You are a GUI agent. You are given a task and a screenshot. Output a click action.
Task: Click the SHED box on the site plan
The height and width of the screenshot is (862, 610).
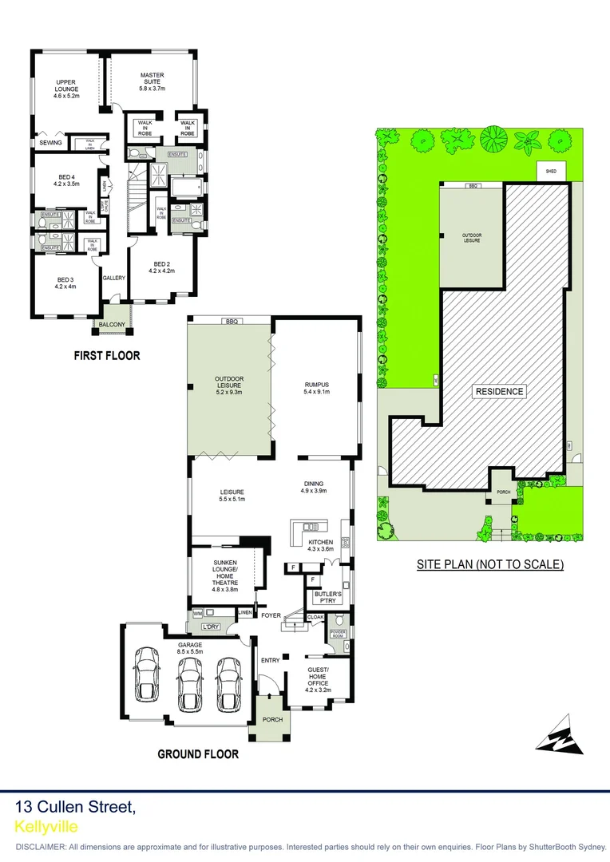pos(551,171)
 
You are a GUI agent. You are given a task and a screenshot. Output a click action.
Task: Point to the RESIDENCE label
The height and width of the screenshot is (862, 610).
pos(500,391)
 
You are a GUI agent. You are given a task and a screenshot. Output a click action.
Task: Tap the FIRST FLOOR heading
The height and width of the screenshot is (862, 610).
pos(107,355)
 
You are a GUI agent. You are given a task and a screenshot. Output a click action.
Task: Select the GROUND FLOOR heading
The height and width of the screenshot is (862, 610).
pos(198,753)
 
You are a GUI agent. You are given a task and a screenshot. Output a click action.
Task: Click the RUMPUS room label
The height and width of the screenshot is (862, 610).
pos(317,388)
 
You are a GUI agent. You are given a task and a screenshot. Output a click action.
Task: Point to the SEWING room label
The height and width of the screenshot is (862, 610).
pos(50,143)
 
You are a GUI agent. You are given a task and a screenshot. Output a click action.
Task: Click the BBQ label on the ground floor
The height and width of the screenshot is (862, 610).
pos(232,321)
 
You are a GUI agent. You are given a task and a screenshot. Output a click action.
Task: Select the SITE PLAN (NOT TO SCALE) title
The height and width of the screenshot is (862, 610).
pos(490,564)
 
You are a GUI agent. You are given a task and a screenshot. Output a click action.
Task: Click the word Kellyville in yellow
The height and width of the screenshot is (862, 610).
pos(46,827)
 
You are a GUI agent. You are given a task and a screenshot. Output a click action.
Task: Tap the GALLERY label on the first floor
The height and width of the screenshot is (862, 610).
pos(114,278)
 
